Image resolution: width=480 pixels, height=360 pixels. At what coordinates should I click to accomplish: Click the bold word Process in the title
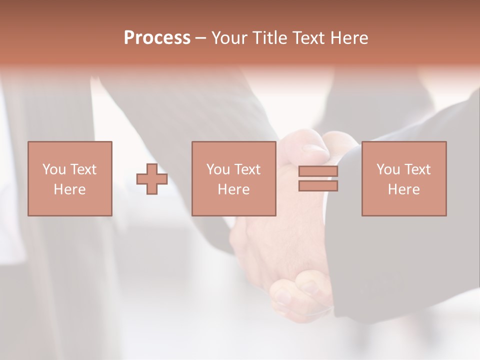coord(157,38)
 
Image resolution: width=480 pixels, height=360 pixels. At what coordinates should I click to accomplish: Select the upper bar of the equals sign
coord(318,171)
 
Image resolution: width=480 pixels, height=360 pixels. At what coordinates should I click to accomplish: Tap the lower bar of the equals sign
coord(318,186)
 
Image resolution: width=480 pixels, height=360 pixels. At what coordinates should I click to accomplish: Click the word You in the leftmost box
coord(54,169)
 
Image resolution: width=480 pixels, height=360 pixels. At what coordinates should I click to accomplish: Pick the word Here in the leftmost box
coord(69,189)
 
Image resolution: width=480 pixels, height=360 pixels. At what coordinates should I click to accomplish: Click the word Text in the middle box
coord(247,169)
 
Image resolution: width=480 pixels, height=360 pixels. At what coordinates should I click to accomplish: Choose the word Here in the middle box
coord(233,189)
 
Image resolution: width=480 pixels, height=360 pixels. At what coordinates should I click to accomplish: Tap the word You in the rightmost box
coord(388,169)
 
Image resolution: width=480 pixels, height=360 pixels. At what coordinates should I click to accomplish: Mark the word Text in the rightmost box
coord(417,169)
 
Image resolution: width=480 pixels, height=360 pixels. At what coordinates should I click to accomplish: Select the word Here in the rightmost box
coord(403,189)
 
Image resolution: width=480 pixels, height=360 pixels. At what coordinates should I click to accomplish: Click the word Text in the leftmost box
coord(83,169)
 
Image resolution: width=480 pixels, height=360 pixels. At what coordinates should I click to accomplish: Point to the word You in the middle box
coord(218,169)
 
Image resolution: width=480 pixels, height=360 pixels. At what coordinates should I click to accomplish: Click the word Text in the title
coord(307,38)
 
